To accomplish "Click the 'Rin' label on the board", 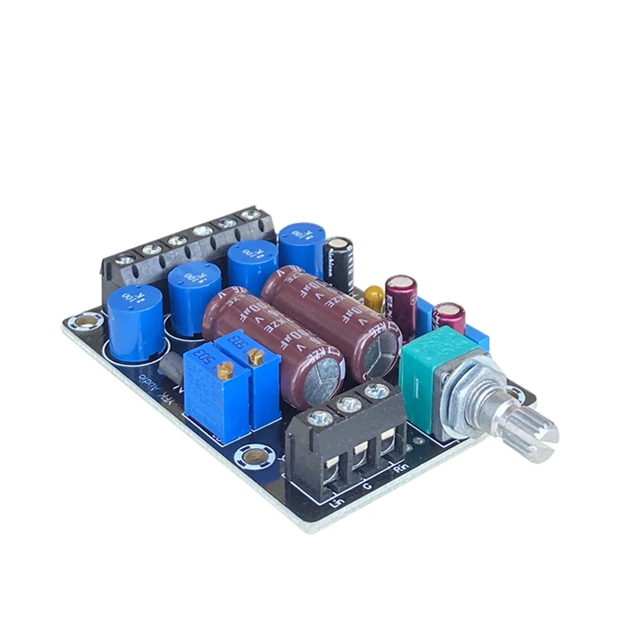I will pyautogui.click(x=400, y=467).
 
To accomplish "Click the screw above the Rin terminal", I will pyautogui.click(x=377, y=391).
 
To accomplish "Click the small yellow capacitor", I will pyautogui.click(x=374, y=298).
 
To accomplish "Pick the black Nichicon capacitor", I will pyautogui.click(x=339, y=263).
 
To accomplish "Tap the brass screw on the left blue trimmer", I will pyautogui.click(x=226, y=370).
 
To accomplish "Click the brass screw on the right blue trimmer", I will pyautogui.click(x=256, y=356).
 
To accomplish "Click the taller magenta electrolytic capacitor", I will pyautogui.click(x=401, y=298).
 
